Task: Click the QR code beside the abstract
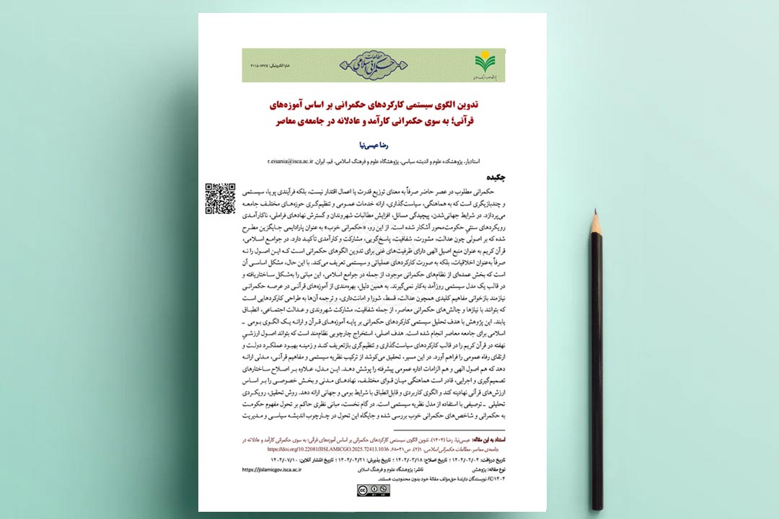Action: [x=220, y=198]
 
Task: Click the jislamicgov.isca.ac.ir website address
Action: [x=275, y=469]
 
